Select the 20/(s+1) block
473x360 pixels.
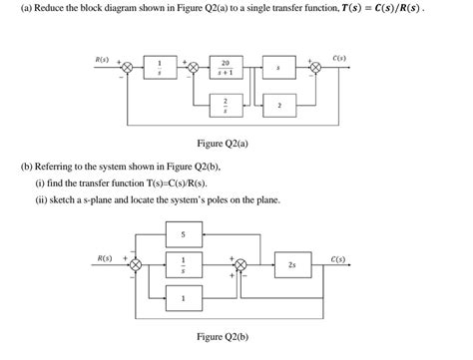click(x=226, y=70)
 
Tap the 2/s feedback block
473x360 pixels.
click(x=226, y=103)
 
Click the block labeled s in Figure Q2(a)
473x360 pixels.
click(x=290, y=70)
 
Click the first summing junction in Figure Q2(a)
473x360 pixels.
click(x=127, y=70)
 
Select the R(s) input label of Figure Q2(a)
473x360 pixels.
click(x=101, y=59)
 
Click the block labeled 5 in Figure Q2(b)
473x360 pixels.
click(x=184, y=234)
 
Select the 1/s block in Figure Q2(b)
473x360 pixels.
click(x=184, y=266)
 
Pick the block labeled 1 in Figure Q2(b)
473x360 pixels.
click(x=184, y=297)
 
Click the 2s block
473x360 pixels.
click(x=290, y=266)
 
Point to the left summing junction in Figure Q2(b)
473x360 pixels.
click(x=138, y=266)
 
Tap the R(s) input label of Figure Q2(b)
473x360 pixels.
click(x=104, y=257)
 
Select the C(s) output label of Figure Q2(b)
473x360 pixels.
click(x=337, y=258)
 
